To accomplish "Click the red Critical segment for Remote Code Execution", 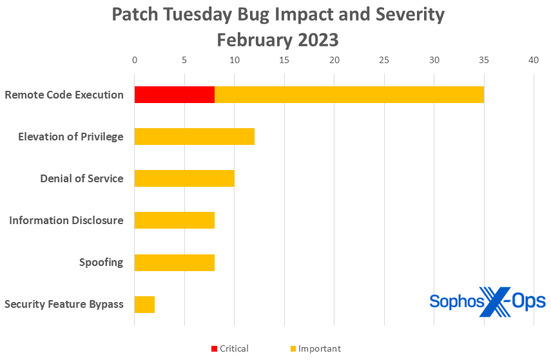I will pyautogui.click(x=174, y=95).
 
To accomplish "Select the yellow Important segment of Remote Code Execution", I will pyautogui.click(x=349, y=95).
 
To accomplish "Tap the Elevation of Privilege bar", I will pyautogui.click(x=194, y=137).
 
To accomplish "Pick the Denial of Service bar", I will pyautogui.click(x=184, y=178).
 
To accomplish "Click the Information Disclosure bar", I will pyautogui.click(x=174, y=220).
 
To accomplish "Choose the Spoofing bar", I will pyautogui.click(x=174, y=262).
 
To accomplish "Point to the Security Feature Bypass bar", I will pyautogui.click(x=144, y=304).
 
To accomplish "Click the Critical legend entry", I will pyautogui.click(x=229, y=348).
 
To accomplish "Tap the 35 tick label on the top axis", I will pyautogui.click(x=483, y=60).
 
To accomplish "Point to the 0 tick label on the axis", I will pyautogui.click(x=135, y=60).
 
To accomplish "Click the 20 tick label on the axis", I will pyautogui.click(x=334, y=60).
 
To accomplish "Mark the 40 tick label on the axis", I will pyautogui.click(x=534, y=60).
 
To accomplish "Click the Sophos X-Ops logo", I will pyautogui.click(x=487, y=301).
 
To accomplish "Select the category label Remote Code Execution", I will pyautogui.click(x=64, y=95).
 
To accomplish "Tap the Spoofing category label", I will pyautogui.click(x=101, y=262).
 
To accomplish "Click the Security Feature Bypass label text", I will pyautogui.click(x=64, y=304).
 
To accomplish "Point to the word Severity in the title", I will pyautogui.click(x=403, y=15).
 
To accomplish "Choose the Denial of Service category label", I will pyautogui.click(x=81, y=178).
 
